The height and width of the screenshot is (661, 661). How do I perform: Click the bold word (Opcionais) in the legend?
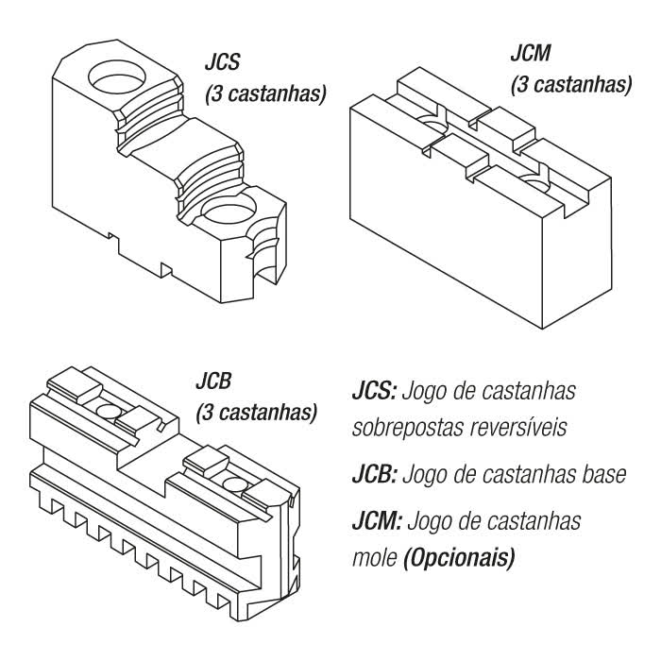(450, 559)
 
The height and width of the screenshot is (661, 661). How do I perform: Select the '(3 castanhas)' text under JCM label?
(570, 85)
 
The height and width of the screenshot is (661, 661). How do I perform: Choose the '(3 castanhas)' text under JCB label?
(256, 413)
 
